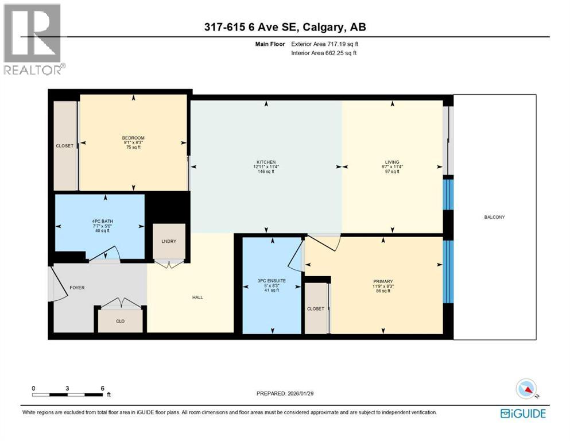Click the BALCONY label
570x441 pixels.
click(x=494, y=217)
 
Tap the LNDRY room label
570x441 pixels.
click(x=169, y=241)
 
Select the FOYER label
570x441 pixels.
click(x=77, y=288)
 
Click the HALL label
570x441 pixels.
click(x=198, y=297)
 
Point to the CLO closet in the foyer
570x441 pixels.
click(x=121, y=322)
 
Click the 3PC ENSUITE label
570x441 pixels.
click(x=272, y=281)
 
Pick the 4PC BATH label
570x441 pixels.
click(x=103, y=221)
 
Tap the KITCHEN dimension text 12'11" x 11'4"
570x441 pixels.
click(x=266, y=167)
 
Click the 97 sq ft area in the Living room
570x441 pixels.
click(x=392, y=172)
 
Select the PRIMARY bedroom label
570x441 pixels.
click(x=383, y=281)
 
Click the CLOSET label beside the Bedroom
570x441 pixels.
click(x=65, y=146)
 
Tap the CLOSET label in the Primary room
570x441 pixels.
click(x=316, y=309)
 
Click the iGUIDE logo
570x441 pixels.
click(x=523, y=413)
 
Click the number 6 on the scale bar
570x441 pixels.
click(x=103, y=388)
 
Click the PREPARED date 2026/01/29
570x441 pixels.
click(x=300, y=393)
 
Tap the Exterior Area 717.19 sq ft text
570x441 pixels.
click(x=325, y=44)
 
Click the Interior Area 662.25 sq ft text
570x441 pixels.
click(x=324, y=53)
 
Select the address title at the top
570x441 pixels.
click(x=285, y=27)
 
